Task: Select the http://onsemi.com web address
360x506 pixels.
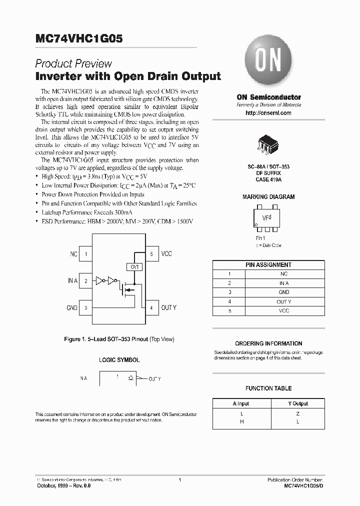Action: click(268, 113)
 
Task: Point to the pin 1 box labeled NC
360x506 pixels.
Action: click(86, 254)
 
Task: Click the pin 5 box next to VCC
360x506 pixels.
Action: click(151, 254)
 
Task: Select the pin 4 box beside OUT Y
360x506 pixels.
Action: click(151, 307)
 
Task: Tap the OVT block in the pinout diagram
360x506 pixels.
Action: click(134, 267)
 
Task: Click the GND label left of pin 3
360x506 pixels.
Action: click(72, 308)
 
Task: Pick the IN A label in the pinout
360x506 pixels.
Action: click(72, 281)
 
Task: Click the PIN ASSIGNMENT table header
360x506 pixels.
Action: click(268, 264)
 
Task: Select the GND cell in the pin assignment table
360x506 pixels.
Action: click(284, 292)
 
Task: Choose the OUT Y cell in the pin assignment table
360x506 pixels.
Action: click(284, 301)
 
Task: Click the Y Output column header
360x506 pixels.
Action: click(298, 403)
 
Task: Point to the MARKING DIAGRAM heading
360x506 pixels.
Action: click(268, 197)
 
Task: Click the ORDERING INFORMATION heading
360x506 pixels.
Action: click(268, 343)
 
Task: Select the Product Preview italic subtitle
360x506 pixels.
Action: click(73, 63)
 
